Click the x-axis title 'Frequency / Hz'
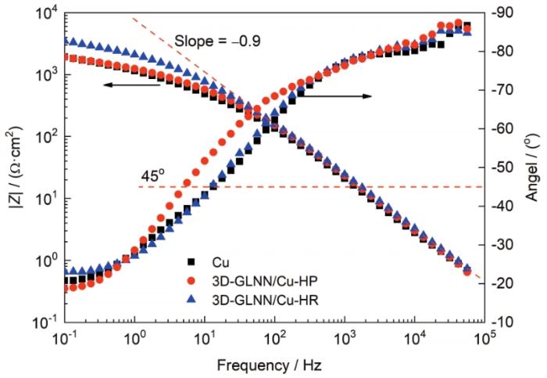(x=272, y=364)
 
